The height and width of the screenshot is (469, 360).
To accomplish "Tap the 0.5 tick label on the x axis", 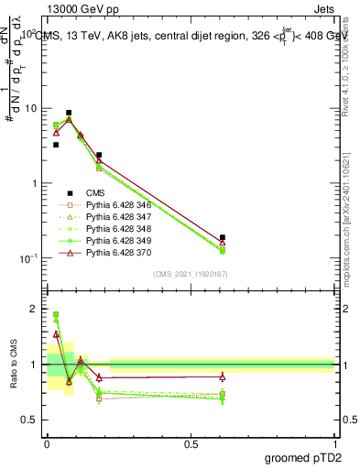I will pos(190,443).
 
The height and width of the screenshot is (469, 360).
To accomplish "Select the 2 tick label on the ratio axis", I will pos(32,310).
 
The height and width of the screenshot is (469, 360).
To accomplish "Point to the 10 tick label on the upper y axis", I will pos(28,108).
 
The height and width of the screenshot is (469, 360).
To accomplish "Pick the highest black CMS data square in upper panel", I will pos(69,113).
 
